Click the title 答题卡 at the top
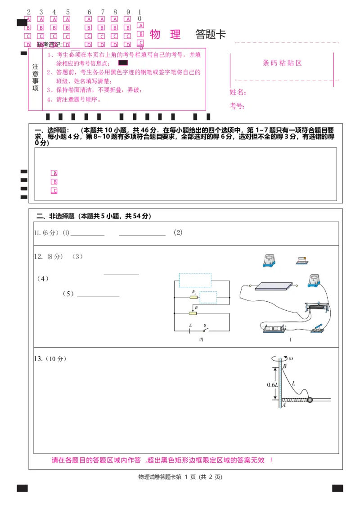(x=210, y=34)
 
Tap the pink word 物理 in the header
(x=165, y=34)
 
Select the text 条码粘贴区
(x=282, y=63)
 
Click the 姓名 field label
(x=238, y=92)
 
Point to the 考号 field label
(x=238, y=106)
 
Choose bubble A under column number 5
(x=67, y=19)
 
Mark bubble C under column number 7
(x=102, y=36)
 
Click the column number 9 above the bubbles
(x=128, y=12)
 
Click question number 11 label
(x=38, y=232)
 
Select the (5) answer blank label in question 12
(x=68, y=294)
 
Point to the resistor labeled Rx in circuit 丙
(x=193, y=297)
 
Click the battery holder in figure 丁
(x=274, y=329)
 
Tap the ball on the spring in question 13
(x=310, y=399)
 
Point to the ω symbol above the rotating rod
(x=291, y=358)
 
